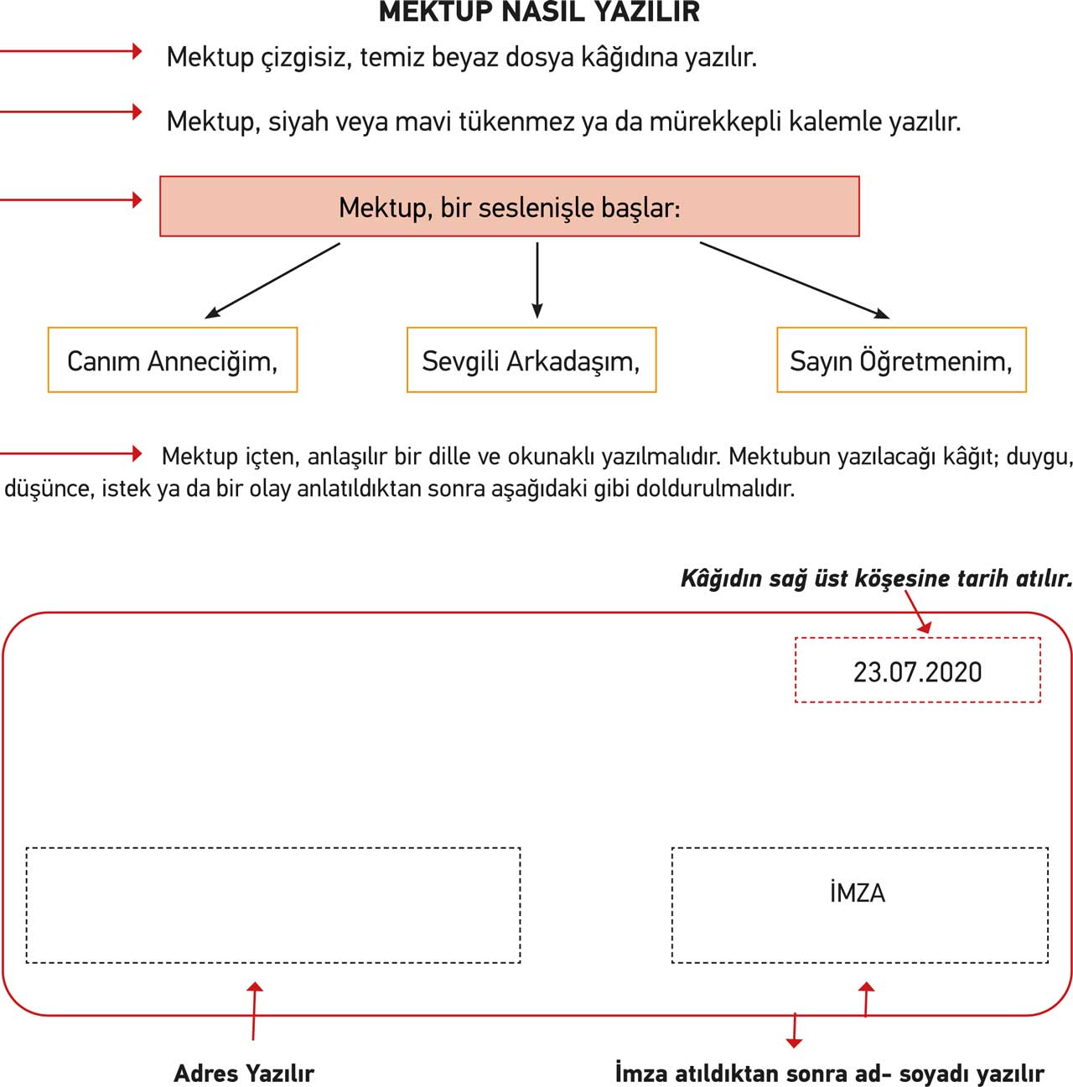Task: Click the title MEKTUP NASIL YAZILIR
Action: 539,12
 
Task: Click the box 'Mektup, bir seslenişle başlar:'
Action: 509,206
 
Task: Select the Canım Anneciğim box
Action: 173,360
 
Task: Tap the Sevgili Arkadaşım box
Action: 531,360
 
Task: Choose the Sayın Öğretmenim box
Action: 901,360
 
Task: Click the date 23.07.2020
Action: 917,671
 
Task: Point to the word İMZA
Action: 858,893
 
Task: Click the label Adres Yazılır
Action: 244,1073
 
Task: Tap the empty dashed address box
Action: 273,905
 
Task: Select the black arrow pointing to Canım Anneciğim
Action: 272,281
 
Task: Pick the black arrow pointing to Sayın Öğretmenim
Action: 795,281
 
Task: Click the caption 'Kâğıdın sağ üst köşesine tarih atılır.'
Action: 876,578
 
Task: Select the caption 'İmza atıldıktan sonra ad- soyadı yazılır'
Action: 830,1073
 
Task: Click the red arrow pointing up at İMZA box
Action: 866,999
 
